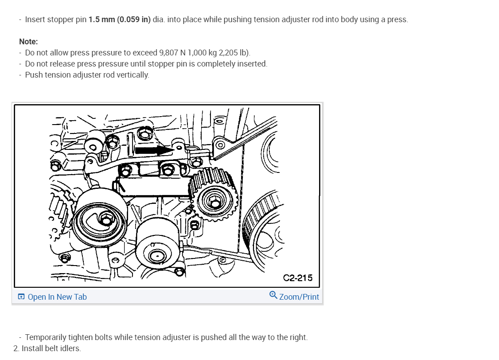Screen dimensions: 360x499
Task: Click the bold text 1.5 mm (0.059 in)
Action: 119,20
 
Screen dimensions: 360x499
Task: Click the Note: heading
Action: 28,42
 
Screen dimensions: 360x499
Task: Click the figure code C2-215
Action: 297,278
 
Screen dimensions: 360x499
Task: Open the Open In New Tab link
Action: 57,297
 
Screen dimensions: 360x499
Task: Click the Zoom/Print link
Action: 299,297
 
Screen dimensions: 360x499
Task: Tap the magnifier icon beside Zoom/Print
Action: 273,295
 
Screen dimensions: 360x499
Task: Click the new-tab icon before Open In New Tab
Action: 21,297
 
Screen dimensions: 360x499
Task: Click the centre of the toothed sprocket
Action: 214,203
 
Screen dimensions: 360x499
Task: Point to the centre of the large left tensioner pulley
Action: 105,219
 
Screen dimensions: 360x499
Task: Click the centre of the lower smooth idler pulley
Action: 157,255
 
